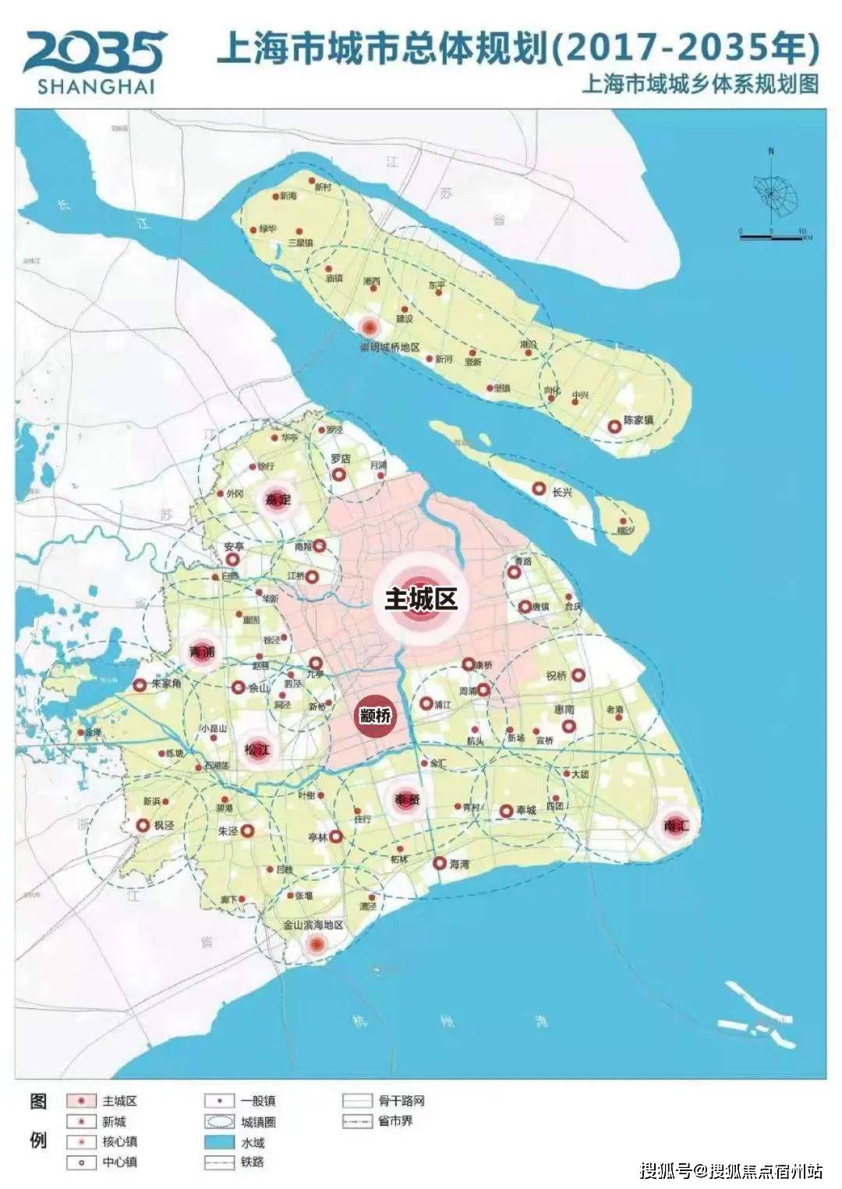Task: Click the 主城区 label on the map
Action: (x=420, y=599)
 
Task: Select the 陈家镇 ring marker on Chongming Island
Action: (x=614, y=426)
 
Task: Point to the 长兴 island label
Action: (x=562, y=493)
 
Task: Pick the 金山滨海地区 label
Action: (x=313, y=925)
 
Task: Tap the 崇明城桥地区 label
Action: (x=389, y=347)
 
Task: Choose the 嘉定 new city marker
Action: (x=277, y=499)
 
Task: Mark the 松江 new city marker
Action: (x=257, y=750)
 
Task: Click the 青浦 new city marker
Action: (x=202, y=652)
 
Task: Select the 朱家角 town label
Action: (x=166, y=683)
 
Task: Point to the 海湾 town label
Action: (x=459, y=864)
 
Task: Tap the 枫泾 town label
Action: (x=164, y=825)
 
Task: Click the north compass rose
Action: (x=770, y=191)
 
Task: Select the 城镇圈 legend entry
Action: (x=258, y=1122)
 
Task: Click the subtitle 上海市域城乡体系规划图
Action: (x=699, y=83)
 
